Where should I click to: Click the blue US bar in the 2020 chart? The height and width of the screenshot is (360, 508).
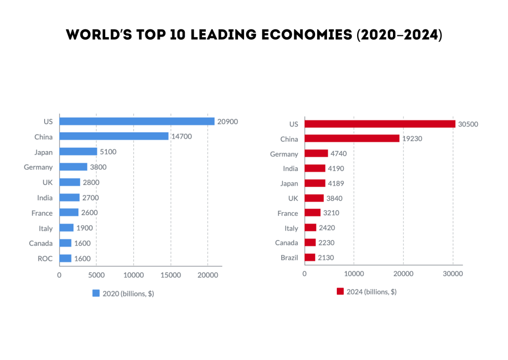pyautogui.click(x=137, y=121)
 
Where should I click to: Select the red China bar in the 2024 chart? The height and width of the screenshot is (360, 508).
pyautogui.click(x=352, y=139)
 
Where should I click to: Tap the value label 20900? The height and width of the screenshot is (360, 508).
pyautogui.click(x=228, y=121)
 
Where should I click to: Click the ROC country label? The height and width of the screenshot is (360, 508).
pyautogui.click(x=45, y=258)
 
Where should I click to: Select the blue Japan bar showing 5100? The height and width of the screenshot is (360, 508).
pyautogui.click(x=78, y=152)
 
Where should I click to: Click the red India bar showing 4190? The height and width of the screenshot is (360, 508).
pyautogui.click(x=315, y=169)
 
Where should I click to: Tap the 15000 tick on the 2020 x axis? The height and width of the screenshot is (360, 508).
pyautogui.click(x=171, y=275)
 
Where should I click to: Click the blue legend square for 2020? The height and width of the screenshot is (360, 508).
pyautogui.click(x=96, y=293)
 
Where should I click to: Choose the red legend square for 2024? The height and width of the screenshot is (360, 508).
pyautogui.click(x=340, y=292)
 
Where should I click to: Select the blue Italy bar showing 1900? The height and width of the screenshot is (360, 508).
pyautogui.click(x=66, y=228)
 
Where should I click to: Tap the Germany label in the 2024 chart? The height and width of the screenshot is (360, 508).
pyautogui.click(x=284, y=154)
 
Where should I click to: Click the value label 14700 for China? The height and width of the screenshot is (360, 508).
pyautogui.click(x=182, y=136)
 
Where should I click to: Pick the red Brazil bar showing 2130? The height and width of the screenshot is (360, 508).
pyautogui.click(x=310, y=257)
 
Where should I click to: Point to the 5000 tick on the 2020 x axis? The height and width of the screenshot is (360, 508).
pyautogui.click(x=96, y=275)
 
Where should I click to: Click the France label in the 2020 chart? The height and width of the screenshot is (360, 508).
pyautogui.click(x=42, y=213)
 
